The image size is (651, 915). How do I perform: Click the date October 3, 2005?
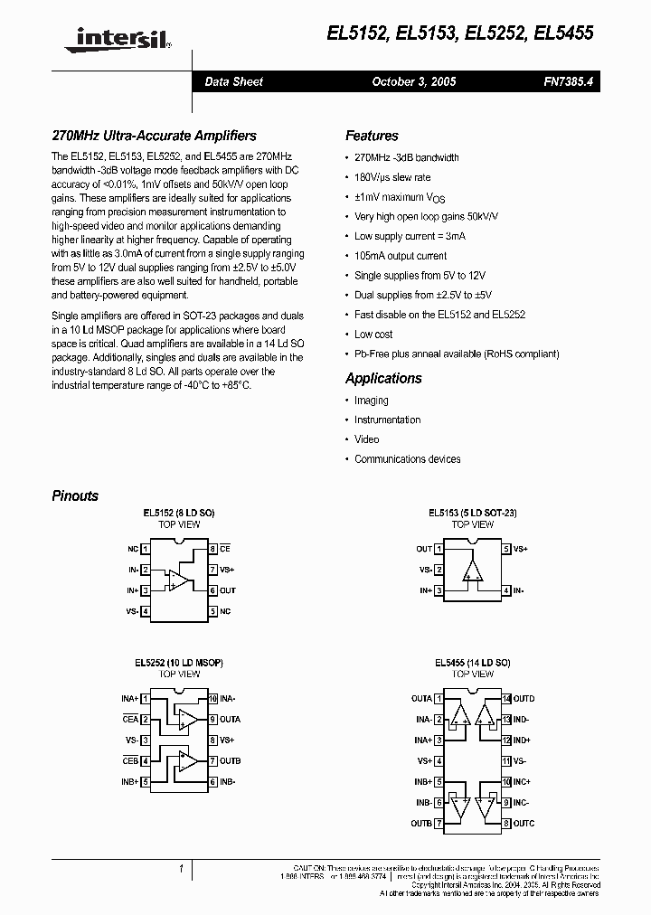tap(414, 81)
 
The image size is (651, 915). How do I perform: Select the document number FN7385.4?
tap(566, 81)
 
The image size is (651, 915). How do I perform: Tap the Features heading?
tap(372, 136)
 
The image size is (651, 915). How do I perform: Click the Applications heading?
tap(383, 378)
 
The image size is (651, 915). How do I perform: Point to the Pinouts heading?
tap(75, 495)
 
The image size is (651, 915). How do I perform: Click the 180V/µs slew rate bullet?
tap(392, 177)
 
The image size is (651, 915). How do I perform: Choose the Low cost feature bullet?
tap(373, 335)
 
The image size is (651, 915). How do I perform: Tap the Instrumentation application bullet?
tap(387, 420)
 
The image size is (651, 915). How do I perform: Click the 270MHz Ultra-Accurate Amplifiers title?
tap(154, 136)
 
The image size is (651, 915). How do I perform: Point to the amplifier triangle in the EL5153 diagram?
tap(472, 570)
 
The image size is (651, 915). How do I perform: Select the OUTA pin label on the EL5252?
tap(230, 720)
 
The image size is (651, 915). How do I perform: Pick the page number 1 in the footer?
tap(182, 870)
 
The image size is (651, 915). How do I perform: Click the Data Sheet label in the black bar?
tap(233, 81)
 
